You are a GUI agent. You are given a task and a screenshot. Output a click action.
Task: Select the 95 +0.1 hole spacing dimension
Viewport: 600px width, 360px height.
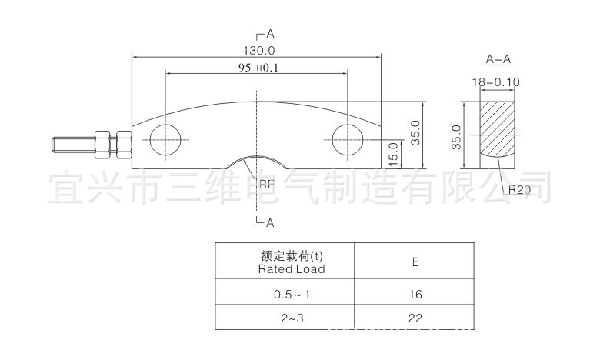(x=256, y=68)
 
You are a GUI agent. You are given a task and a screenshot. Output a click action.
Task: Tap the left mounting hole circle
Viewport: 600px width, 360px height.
(x=166, y=140)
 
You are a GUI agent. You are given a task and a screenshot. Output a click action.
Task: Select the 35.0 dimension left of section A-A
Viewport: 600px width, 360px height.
(x=456, y=136)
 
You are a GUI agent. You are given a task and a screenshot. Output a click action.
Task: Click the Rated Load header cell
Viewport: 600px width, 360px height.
(x=285, y=262)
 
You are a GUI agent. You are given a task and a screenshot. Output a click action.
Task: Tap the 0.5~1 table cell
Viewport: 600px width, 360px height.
(x=285, y=294)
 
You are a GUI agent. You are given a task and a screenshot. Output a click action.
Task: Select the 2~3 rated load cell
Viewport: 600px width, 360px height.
(x=285, y=316)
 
